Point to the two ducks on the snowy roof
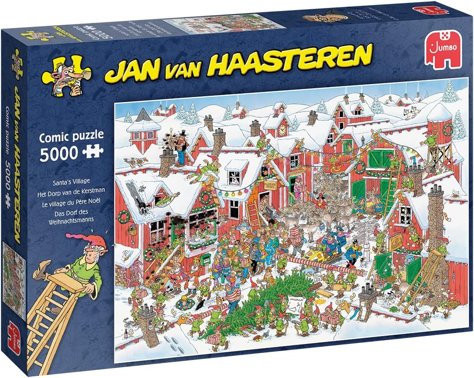(x=139, y=161)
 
